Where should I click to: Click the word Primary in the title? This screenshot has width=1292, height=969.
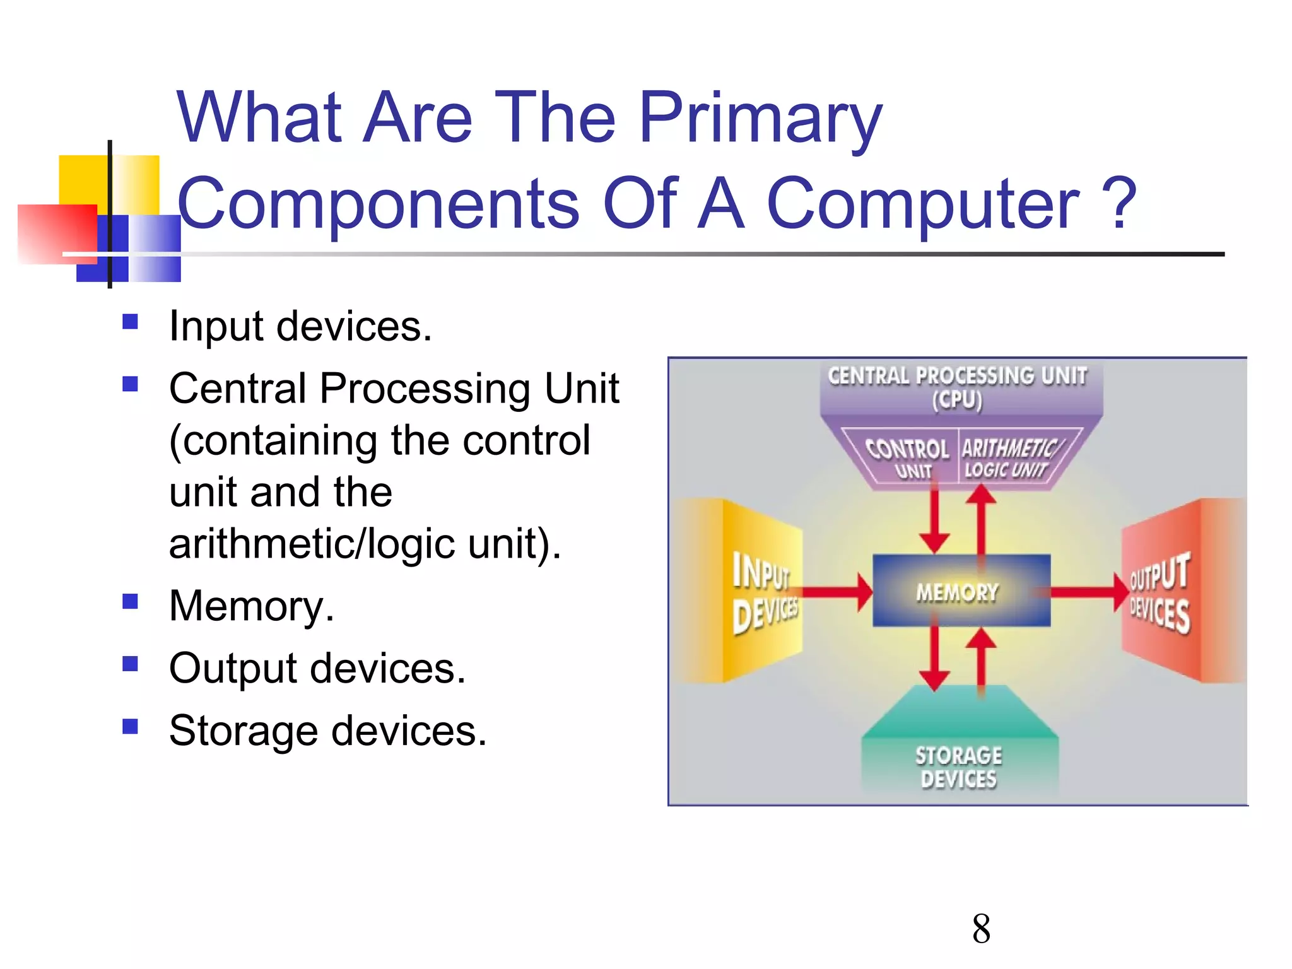coord(760,119)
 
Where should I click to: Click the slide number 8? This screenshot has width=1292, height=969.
coord(981,929)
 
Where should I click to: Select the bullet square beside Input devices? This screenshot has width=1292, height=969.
coord(130,322)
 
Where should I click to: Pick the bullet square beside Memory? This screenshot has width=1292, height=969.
coord(130,601)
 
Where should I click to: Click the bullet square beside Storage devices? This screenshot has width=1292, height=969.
coord(130,727)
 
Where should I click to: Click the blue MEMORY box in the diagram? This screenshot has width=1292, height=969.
coord(960,591)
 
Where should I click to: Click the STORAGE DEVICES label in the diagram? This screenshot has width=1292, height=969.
coord(959,767)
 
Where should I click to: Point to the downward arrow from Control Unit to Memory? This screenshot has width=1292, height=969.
coord(934,517)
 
